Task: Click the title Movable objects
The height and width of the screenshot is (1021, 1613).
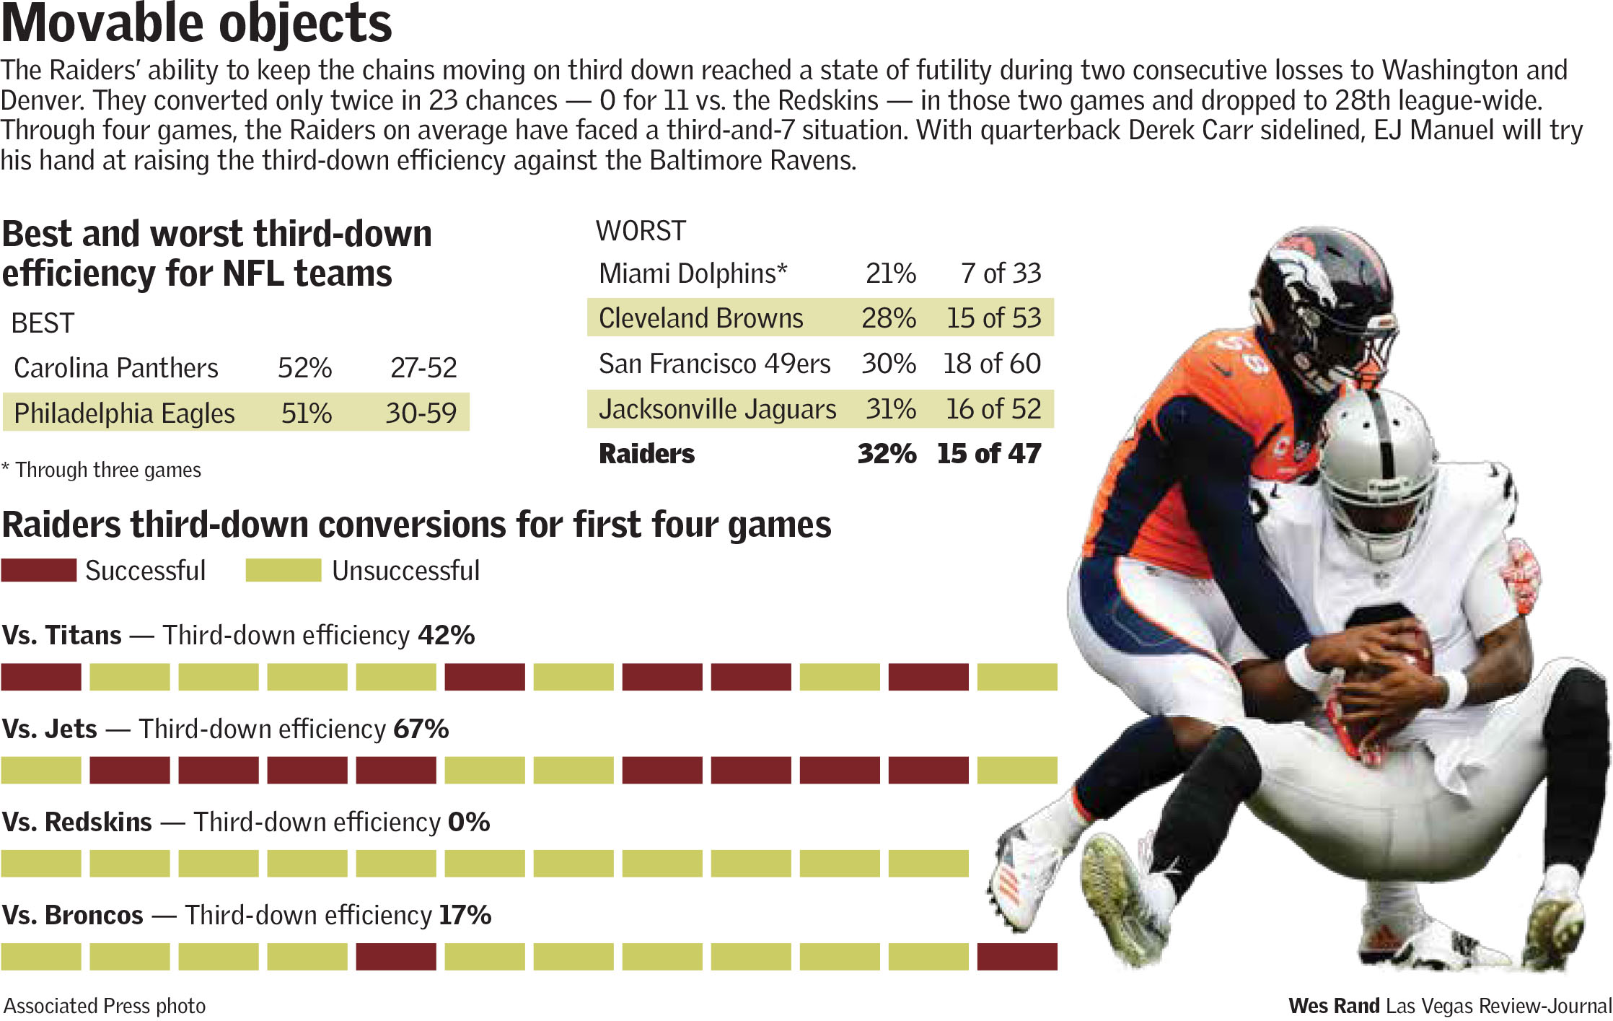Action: click(196, 23)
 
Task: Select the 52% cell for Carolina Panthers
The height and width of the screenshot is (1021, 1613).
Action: click(304, 368)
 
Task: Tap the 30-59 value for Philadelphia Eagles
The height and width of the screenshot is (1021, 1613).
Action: click(421, 413)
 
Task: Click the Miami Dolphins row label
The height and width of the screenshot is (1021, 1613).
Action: click(693, 273)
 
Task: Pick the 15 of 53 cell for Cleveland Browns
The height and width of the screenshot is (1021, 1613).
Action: click(993, 318)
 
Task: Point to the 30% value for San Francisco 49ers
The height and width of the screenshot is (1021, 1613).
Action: click(888, 364)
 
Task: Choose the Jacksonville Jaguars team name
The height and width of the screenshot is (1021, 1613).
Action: click(717, 409)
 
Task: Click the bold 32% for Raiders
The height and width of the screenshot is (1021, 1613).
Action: click(887, 454)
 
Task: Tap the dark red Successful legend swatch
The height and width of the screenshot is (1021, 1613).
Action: click(39, 570)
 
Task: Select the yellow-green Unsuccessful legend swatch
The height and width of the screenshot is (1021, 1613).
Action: click(283, 570)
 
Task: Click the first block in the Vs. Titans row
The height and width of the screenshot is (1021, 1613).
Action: click(41, 677)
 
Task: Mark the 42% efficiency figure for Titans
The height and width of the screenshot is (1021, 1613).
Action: click(446, 635)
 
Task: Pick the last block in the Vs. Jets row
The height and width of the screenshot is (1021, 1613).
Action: click(1017, 770)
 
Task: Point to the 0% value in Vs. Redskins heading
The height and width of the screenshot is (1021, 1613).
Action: click(469, 822)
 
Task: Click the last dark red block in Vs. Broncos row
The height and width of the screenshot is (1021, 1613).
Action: click(1017, 957)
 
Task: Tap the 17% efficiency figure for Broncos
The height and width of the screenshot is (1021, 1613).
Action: click(465, 915)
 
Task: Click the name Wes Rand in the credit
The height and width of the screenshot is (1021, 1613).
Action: click(1334, 1006)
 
